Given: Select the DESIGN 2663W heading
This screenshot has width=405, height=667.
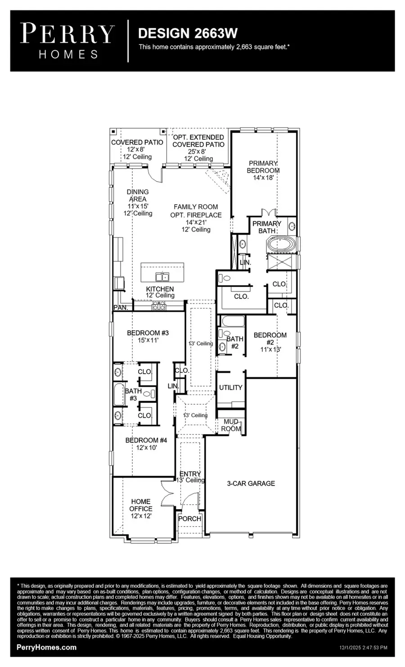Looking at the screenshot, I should point(187,33).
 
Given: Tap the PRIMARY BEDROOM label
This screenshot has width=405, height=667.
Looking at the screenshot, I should point(263,167).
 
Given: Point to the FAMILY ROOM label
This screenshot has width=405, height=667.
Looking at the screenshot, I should point(196,207).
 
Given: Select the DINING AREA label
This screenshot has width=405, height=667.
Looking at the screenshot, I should point(137,195).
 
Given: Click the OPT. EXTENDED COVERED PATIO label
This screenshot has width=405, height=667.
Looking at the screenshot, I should point(198,141).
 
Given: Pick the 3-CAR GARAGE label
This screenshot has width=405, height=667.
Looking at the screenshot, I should point(251,483).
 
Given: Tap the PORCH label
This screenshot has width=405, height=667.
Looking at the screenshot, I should point(189,519).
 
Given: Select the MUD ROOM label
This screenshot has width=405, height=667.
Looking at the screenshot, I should point(231,425).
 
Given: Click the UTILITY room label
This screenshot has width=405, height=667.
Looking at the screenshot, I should point(230,387).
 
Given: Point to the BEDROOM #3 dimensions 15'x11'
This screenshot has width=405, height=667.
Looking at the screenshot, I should point(148,340).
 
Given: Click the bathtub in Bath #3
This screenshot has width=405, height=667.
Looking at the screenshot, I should point(119,394).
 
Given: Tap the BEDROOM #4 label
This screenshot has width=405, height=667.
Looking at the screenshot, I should point(146,440).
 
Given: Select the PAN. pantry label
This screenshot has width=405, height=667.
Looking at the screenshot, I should point(121,308).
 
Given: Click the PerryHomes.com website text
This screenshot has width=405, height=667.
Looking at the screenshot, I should point(46,647).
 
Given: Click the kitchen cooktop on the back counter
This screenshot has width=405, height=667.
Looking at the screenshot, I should point(159,307).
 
